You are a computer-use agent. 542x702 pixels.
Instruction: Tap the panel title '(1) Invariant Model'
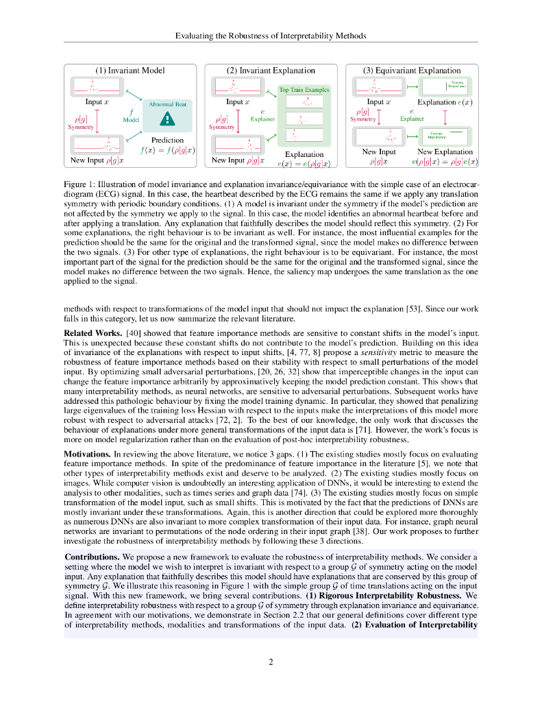pyautogui.click(x=130, y=71)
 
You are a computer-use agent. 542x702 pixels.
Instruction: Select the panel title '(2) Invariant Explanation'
pyautogui.click(x=271, y=71)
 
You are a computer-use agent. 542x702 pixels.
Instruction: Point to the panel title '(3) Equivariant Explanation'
pyautogui.click(x=412, y=71)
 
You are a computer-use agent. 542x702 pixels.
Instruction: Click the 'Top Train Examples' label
pyautogui.click(x=304, y=90)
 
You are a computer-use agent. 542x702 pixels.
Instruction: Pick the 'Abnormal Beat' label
pyautogui.click(x=167, y=104)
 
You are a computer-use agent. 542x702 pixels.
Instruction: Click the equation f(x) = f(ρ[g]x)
pyautogui.click(x=167, y=150)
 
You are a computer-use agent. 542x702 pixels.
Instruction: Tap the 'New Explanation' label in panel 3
pyautogui.click(x=445, y=152)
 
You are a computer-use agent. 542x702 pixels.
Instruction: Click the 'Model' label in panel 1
pyautogui.click(x=131, y=119)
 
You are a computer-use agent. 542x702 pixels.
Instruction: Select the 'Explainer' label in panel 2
pyautogui.click(x=262, y=119)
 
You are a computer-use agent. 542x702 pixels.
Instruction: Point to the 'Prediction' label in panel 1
pyautogui.click(x=167, y=140)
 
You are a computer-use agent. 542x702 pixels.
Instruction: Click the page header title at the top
pyautogui.click(x=271, y=35)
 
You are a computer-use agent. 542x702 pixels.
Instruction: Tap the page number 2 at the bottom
pyautogui.click(x=271, y=662)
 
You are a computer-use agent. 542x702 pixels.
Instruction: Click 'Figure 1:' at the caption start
pyautogui.click(x=79, y=185)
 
